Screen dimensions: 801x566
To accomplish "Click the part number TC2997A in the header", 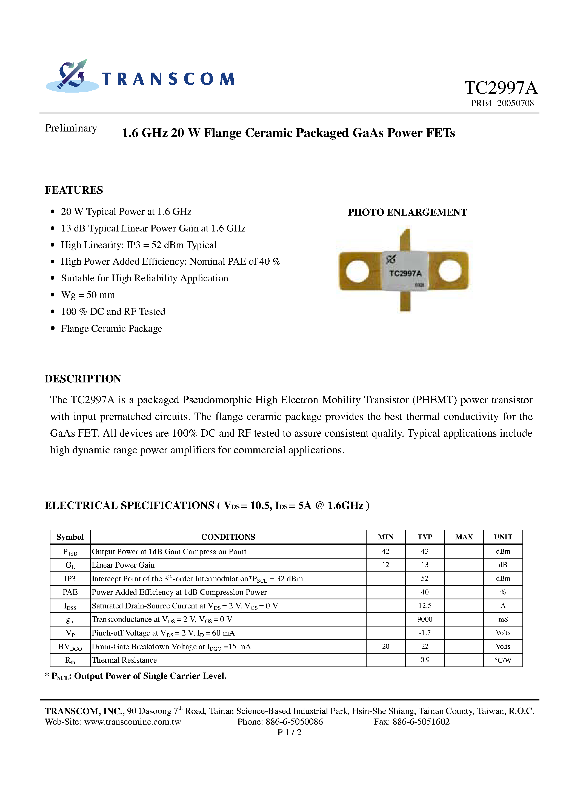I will click(501, 88).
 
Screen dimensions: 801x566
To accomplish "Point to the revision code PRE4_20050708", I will click(502, 103).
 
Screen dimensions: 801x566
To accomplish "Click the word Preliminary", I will click(71, 128).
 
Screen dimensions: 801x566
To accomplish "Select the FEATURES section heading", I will click(74, 190).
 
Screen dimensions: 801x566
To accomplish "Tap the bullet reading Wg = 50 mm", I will click(88, 295).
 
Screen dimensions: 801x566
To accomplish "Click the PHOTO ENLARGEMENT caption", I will click(407, 213).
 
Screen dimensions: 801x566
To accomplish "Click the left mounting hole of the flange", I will click(357, 271).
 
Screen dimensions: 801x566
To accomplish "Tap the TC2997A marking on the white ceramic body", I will click(405, 273).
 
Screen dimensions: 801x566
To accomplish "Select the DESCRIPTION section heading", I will click(83, 379).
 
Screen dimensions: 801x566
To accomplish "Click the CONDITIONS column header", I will click(228, 537).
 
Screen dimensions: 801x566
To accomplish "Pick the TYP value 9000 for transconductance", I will click(424, 619).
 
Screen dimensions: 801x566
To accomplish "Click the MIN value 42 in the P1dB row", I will click(385, 551).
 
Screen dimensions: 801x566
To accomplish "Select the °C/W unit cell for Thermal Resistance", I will click(502, 660).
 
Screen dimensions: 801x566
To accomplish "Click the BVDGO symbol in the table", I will click(70, 647).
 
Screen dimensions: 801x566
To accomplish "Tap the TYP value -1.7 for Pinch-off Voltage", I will click(424, 633).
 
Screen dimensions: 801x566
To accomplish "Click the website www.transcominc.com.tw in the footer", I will click(133, 722).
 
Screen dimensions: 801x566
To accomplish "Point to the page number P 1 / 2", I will click(289, 733).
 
